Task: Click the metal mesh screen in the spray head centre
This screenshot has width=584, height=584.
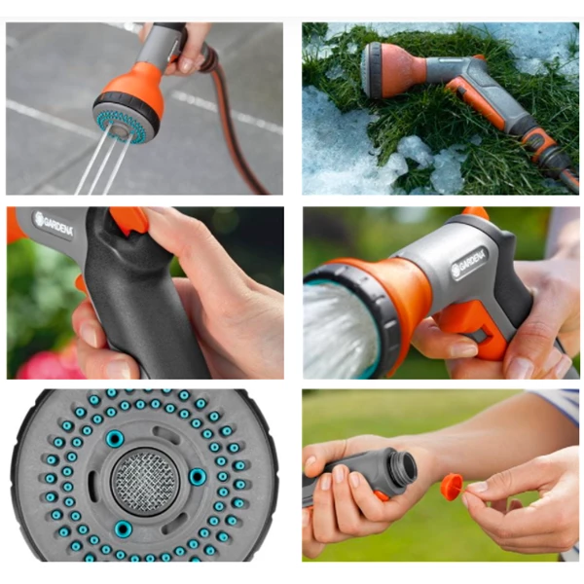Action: coord(145,481)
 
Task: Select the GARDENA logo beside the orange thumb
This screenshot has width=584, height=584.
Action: coord(54,224)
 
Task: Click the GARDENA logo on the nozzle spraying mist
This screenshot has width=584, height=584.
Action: coord(469,264)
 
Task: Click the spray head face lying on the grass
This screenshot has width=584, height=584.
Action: coord(370,70)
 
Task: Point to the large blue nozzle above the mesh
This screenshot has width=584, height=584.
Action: coord(114,438)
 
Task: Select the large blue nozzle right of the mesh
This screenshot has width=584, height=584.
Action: coord(197,477)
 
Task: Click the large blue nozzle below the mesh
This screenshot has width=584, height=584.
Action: coord(123,529)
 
